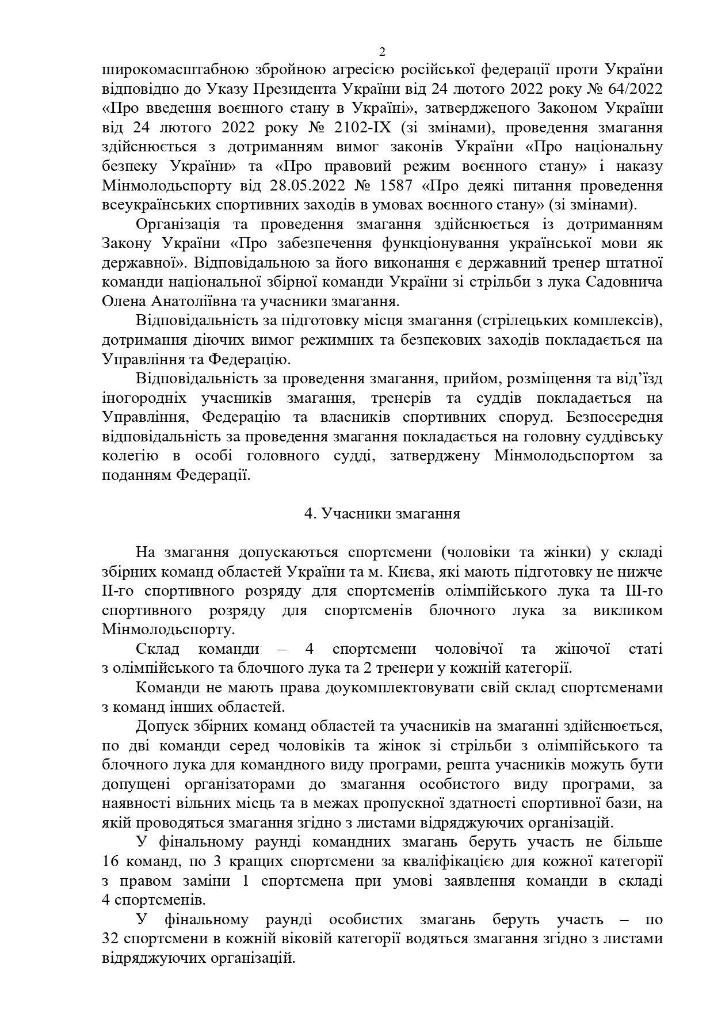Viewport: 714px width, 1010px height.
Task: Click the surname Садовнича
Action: pos(626,282)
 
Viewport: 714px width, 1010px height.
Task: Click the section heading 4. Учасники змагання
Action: pos(382,513)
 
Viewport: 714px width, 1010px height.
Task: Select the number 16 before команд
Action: pos(110,862)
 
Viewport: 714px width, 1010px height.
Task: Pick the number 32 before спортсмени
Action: pos(110,939)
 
